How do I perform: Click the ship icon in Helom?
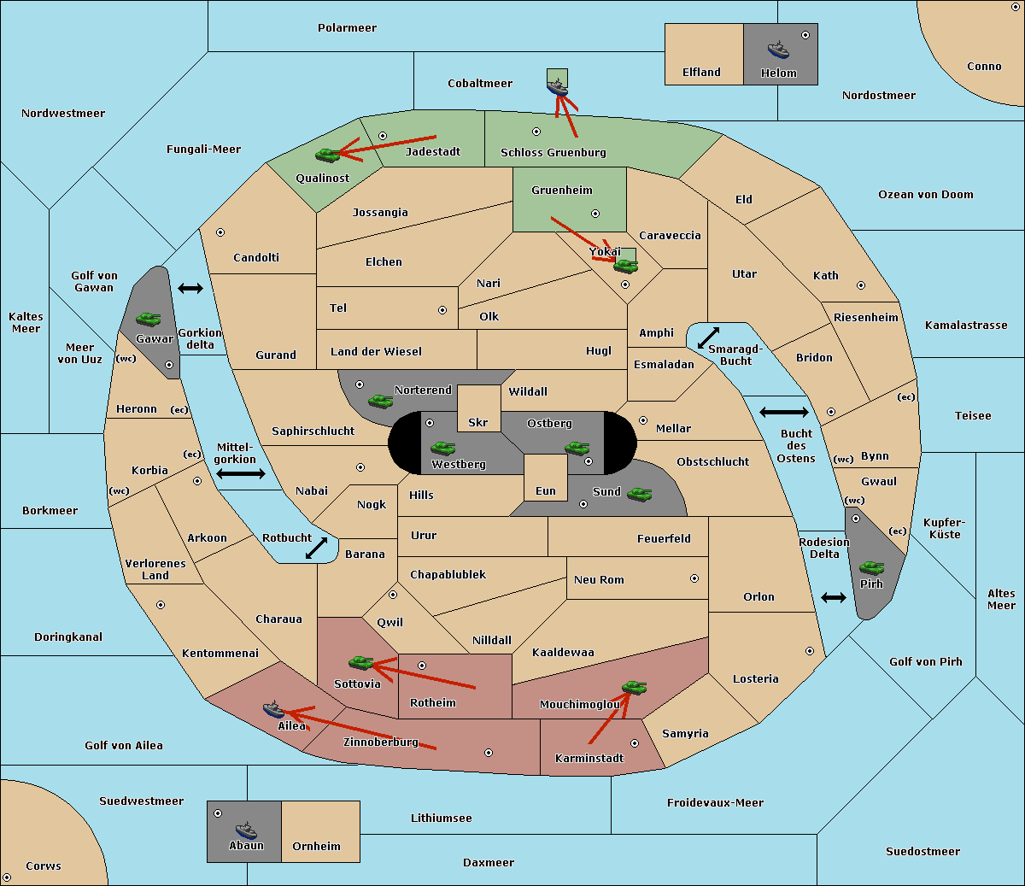click(x=778, y=49)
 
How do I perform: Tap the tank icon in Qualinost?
click(x=327, y=155)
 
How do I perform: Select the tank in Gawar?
click(x=149, y=319)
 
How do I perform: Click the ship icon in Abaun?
click(x=246, y=830)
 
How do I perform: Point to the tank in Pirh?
click(x=871, y=567)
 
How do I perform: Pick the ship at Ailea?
click(x=273, y=709)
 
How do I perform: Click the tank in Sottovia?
click(x=361, y=662)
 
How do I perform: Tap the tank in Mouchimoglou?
click(x=634, y=687)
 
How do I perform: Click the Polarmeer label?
click(x=347, y=28)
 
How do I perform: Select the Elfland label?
click(x=701, y=73)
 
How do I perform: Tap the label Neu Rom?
click(x=599, y=580)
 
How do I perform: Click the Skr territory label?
click(x=478, y=423)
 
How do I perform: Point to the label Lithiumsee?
click(x=442, y=819)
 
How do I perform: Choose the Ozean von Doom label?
click(x=926, y=195)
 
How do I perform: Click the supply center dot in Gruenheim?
click(x=595, y=214)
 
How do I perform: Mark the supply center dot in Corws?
click(x=7, y=877)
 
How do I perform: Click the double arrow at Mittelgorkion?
click(x=241, y=474)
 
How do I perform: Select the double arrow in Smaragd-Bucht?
click(x=708, y=337)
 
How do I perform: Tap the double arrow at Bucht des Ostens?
click(x=783, y=413)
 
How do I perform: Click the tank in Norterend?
click(x=380, y=401)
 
